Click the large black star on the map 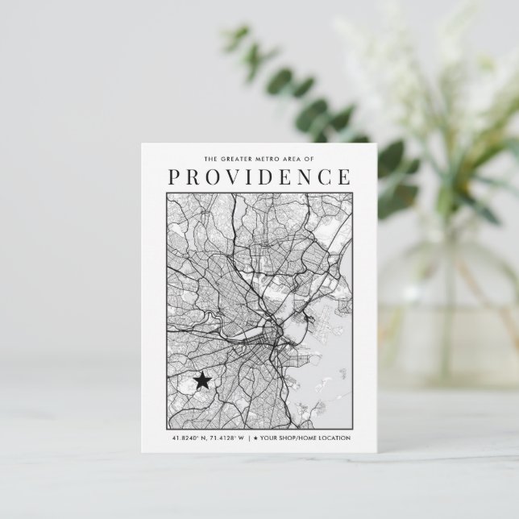[x=202, y=380]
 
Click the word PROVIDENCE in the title [x=259, y=176]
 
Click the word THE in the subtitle [x=211, y=159]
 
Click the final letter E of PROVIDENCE [x=344, y=176]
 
